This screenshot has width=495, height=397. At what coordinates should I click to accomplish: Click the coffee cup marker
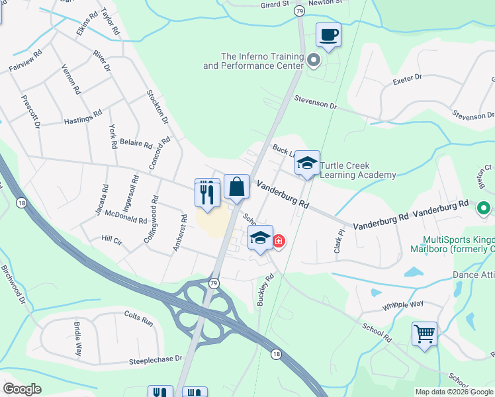tap(328, 35)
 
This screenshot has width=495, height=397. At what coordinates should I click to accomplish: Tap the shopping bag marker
tap(236, 187)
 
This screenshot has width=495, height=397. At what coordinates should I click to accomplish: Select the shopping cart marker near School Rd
tap(424, 333)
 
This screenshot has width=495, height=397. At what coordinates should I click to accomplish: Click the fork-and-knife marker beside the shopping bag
tap(207, 193)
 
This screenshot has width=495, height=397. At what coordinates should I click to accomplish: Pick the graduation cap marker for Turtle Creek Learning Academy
tap(307, 164)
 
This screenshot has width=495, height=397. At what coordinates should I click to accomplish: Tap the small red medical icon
tap(279, 240)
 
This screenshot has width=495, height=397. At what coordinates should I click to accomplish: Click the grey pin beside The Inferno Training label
tap(314, 61)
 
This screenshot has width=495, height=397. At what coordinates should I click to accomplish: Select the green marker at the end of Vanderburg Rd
tap(484, 209)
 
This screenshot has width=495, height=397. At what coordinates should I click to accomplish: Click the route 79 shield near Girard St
tap(300, 11)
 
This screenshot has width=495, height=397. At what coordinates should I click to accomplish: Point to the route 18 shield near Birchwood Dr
tap(22, 204)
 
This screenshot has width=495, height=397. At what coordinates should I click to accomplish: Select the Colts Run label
tap(139, 324)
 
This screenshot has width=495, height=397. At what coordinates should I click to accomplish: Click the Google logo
tap(22, 389)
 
